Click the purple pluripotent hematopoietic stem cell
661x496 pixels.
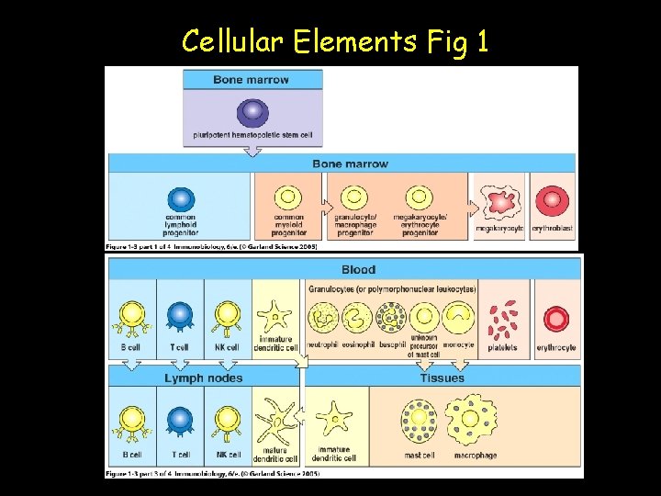pos(252,113)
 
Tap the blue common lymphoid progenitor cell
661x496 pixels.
pos(181,200)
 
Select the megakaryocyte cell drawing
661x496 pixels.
pos(499,201)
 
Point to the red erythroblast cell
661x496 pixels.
pos(553,200)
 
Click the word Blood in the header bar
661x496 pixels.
pos(358,269)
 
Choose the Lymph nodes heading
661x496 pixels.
pos(204,378)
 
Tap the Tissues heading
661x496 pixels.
pos(442,378)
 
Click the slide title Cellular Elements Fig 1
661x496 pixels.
pos(334,40)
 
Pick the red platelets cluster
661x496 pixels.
pos(502,318)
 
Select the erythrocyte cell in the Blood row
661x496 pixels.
pos(556,318)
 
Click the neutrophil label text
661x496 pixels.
pos(322,347)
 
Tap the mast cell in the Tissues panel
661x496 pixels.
pos(419,423)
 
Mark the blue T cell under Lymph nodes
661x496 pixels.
pos(181,422)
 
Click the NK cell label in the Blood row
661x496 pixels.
pos(227,347)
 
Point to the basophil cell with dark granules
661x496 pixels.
pos(392,318)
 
